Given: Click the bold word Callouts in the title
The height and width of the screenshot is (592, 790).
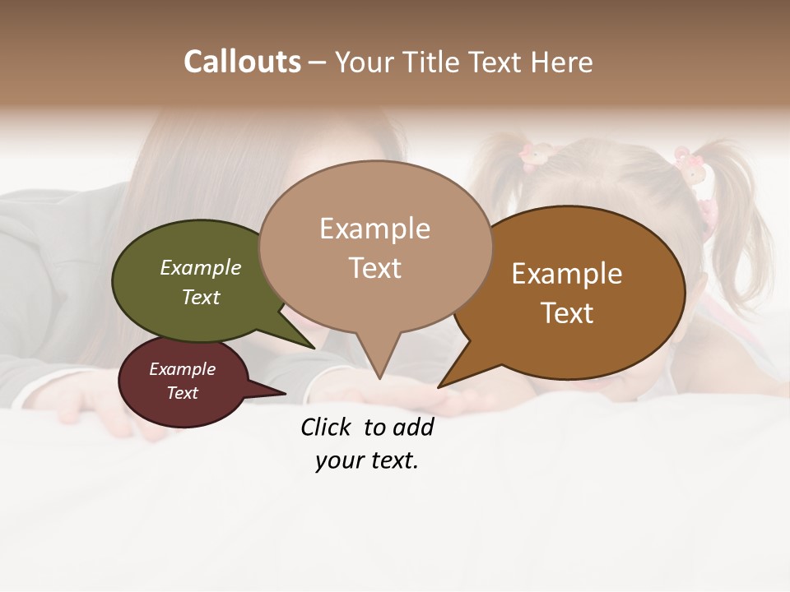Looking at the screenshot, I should pyautogui.click(x=242, y=62).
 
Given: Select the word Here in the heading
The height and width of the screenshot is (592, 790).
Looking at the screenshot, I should pyautogui.click(x=562, y=62).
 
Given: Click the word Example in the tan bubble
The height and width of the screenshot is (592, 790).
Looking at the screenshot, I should pyautogui.click(x=374, y=229).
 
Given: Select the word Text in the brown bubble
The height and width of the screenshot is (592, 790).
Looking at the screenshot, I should pyautogui.click(x=567, y=313).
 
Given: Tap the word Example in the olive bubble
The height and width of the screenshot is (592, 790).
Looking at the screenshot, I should pyautogui.click(x=200, y=268).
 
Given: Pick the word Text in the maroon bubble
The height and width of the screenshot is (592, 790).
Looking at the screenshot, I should pyautogui.click(x=182, y=393).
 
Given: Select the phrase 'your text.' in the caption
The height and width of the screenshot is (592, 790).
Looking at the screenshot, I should pyautogui.click(x=367, y=460).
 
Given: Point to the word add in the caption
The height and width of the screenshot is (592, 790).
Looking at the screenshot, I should pyautogui.click(x=412, y=427).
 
